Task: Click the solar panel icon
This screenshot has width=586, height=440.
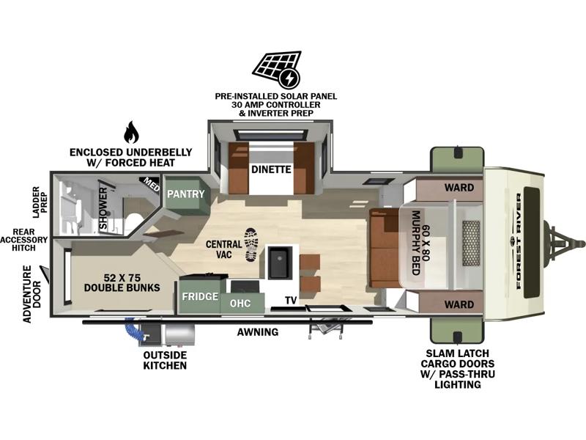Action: [277, 69]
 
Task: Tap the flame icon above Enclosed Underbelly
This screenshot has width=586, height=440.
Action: [131, 132]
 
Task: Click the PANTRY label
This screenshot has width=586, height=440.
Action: [186, 194]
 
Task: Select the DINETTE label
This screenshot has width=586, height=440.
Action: [271, 169]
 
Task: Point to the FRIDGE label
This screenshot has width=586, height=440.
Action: [200, 296]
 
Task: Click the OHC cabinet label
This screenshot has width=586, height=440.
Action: [240, 303]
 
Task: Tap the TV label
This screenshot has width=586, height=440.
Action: [291, 300]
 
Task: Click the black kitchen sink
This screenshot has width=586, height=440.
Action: [278, 262]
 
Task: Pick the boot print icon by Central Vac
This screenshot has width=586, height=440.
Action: [251, 245]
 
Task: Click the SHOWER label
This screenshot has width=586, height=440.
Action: [103, 208]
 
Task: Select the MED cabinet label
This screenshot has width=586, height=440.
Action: [152, 184]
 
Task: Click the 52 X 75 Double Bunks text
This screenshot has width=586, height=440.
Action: [122, 282]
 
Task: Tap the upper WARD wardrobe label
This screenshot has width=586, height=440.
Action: [459, 188]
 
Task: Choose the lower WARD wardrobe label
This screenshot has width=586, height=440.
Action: [459, 304]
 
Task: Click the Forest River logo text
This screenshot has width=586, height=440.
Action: [519, 241]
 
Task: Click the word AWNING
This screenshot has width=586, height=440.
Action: [258, 332]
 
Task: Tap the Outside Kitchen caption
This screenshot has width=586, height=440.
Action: [165, 360]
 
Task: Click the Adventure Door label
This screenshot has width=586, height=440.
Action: [31, 294]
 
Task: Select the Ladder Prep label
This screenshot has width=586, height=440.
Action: [40, 202]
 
